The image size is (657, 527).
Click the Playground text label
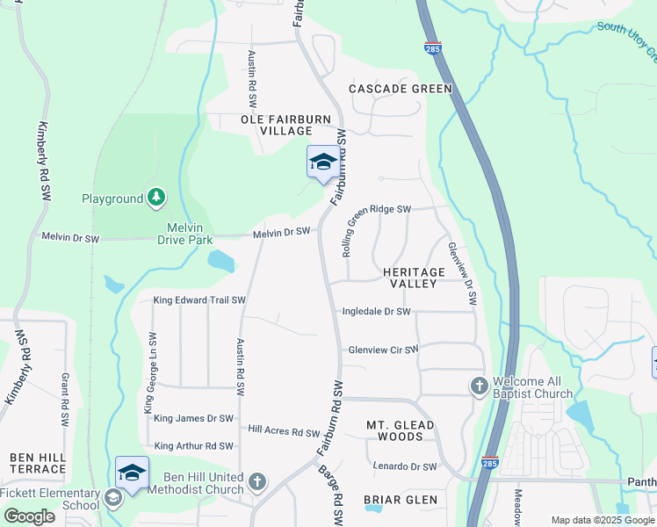pyautogui.click(x=112, y=199)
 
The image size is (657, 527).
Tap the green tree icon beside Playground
pyautogui.click(x=155, y=198)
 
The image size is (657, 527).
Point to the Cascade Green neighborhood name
pyautogui.click(x=400, y=89)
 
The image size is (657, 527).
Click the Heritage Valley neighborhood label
pyautogui.click(x=409, y=278)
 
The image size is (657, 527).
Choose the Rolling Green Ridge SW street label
pyautogui.click(x=376, y=231)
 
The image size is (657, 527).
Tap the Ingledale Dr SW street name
pyautogui.click(x=376, y=311)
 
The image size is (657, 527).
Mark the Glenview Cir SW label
pyautogui.click(x=383, y=349)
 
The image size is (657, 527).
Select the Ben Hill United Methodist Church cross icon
pyautogui.click(x=256, y=480)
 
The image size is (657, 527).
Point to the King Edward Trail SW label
pyautogui.click(x=199, y=300)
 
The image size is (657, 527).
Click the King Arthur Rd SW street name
pyautogui.click(x=193, y=446)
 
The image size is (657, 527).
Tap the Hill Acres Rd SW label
pyautogui.click(x=284, y=431)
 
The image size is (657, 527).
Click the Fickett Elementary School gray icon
pyautogui.click(x=113, y=498)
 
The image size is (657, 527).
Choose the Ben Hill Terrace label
pyautogui.click(x=38, y=463)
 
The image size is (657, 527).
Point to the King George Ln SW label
pyautogui.click(x=151, y=373)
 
